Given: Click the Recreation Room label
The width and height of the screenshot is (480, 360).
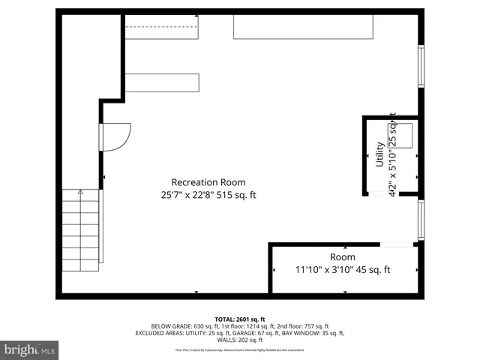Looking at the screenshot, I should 208,182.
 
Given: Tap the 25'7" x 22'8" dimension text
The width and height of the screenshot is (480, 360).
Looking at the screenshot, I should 208,196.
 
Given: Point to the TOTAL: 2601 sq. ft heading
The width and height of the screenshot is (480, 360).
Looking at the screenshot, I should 240,319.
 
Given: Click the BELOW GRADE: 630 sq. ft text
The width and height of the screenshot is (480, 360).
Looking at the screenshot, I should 179,326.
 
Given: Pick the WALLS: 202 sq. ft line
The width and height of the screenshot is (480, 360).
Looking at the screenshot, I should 240,340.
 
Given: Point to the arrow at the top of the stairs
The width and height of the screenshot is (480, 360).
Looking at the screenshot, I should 80,193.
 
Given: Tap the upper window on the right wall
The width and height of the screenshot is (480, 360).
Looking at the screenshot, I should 421,67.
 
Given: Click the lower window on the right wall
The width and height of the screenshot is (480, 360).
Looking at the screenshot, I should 421,220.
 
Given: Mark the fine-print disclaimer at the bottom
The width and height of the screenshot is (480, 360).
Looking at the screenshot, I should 240,349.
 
